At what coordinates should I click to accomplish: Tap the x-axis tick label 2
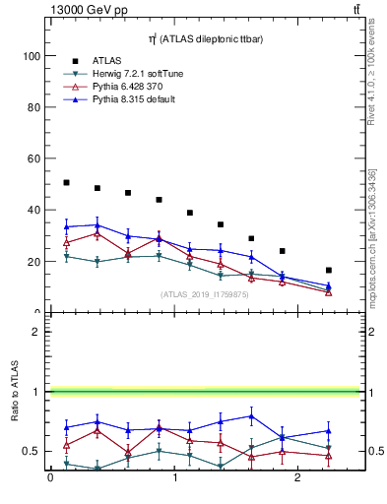point(299,478)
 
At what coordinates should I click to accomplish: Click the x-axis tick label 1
point(174,478)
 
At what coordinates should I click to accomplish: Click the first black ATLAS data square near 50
point(66,182)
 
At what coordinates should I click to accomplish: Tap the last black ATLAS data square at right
point(328,270)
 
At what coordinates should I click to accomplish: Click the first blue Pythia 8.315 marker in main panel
point(66,226)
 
